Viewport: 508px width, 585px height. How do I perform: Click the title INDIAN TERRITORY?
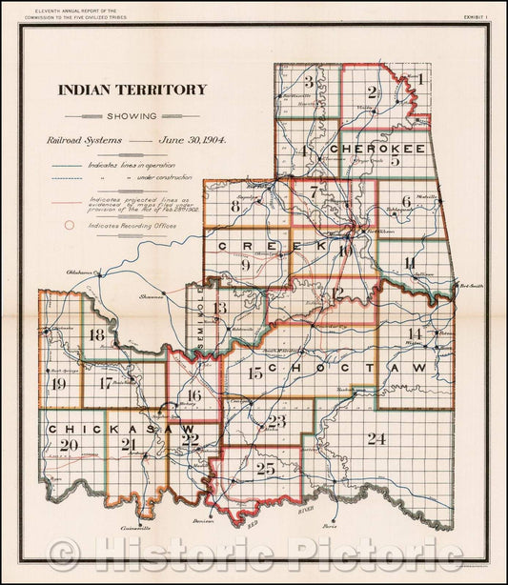[x=132, y=90]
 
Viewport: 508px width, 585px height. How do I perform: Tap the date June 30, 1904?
[x=193, y=139]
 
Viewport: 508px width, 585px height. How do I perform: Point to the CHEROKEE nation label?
[x=378, y=150]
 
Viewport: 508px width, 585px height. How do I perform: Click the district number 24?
[x=377, y=438]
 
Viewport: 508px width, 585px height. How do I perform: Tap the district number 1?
[x=420, y=79]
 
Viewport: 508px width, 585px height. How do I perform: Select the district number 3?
[x=309, y=81]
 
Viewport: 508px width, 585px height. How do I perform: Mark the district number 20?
[x=68, y=445]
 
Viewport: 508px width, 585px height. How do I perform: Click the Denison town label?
[x=216, y=521]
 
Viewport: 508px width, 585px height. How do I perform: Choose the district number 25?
[x=265, y=469]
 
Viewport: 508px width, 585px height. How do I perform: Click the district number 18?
[x=96, y=335]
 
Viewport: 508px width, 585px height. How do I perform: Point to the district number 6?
[x=406, y=201]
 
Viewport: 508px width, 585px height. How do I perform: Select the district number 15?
[x=254, y=373]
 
